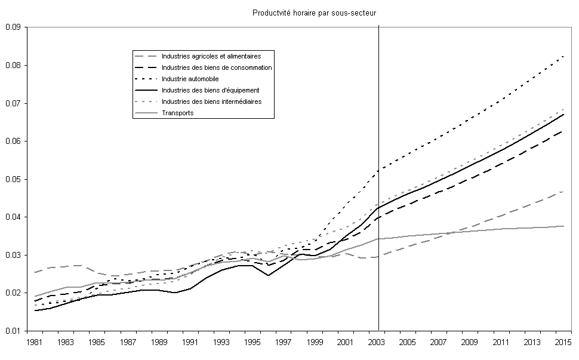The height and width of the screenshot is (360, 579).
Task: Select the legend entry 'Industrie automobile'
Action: point(190,79)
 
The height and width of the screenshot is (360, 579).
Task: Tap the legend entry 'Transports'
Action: point(178,113)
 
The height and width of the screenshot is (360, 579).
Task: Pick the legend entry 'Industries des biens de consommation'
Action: point(216,67)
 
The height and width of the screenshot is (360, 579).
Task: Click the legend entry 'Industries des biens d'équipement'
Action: point(210,90)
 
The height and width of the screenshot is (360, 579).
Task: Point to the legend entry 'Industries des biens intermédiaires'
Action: point(211,101)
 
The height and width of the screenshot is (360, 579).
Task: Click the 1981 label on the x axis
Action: point(35,342)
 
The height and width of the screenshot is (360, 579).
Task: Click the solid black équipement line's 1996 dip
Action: point(269,275)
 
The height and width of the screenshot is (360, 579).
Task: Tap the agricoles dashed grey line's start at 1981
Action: point(35,272)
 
